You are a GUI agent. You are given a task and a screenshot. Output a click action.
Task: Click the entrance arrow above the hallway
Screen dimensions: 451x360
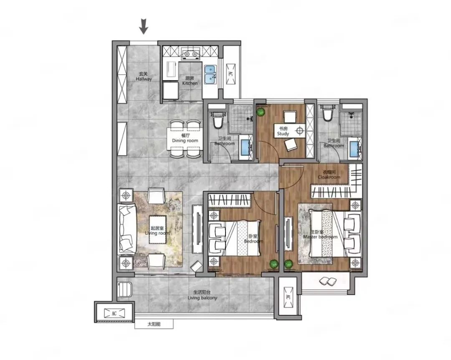pyautogui.click(x=144, y=26)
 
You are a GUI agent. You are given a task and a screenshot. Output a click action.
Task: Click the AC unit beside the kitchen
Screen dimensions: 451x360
pyautogui.click(x=231, y=74)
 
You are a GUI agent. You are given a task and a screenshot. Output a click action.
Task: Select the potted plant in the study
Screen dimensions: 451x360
pyautogui.click(x=261, y=112)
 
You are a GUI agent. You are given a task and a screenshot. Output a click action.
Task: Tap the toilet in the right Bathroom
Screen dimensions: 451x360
pyautogui.click(x=327, y=114)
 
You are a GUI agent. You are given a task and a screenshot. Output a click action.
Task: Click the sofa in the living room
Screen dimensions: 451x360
pyautogui.click(x=127, y=229)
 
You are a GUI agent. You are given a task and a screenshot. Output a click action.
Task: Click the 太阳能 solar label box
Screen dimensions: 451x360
pyautogui.click(x=154, y=324)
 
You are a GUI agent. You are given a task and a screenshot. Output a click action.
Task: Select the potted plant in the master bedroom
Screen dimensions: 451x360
pyautogui.click(x=288, y=264)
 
